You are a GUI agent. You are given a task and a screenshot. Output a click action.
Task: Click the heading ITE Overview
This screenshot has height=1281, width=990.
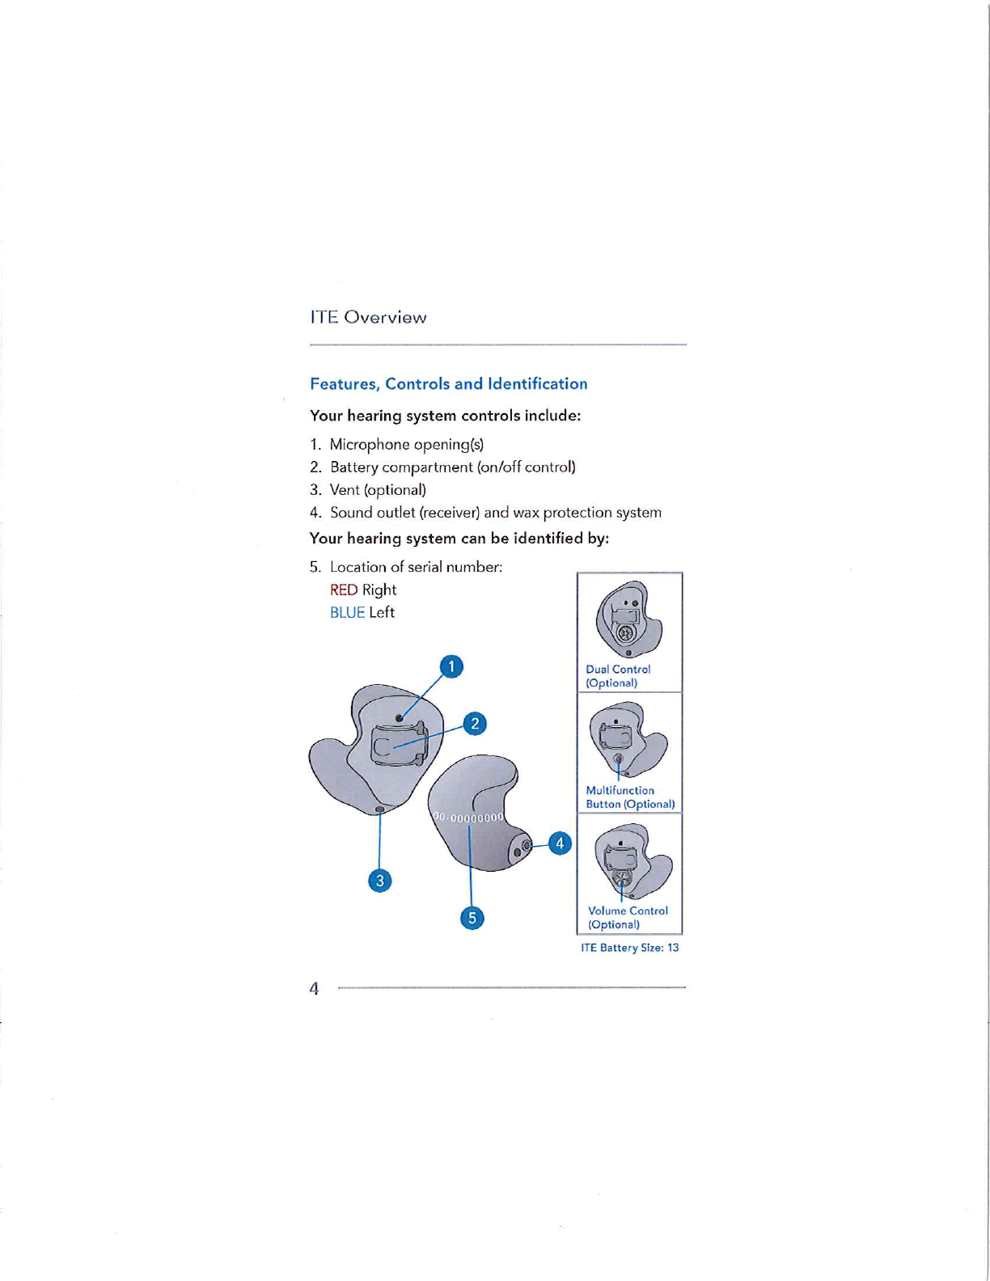tap(368, 317)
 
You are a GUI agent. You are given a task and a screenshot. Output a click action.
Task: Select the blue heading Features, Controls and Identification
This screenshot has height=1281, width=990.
tap(448, 383)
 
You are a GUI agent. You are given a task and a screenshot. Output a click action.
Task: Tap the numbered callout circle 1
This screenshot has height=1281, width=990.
tap(451, 666)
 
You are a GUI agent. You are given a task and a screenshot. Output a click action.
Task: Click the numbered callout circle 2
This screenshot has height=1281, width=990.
tap(475, 723)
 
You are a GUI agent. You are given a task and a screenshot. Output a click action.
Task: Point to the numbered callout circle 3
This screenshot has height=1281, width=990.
tap(379, 880)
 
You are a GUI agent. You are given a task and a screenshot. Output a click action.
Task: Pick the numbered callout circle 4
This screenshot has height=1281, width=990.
tap(560, 843)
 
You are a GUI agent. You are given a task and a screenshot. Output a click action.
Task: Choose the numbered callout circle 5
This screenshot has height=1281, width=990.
tap(472, 918)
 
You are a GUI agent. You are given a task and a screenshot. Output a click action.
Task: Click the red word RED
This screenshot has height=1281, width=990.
tap(343, 590)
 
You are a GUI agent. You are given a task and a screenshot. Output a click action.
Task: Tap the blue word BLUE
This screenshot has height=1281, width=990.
tap(347, 612)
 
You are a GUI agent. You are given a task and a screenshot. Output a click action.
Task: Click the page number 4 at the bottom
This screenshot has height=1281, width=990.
tap(314, 988)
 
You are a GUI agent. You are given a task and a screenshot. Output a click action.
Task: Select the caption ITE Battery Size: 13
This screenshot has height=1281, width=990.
tap(629, 947)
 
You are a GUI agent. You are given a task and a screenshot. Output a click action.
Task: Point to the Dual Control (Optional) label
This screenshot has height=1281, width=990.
tap(617, 676)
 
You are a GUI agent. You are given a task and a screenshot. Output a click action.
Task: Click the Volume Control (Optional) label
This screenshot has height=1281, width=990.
tap(627, 917)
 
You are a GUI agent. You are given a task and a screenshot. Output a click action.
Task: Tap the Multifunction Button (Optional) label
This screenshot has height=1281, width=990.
tap(629, 797)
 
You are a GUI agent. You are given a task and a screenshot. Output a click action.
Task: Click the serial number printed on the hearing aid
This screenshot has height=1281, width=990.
tap(470, 817)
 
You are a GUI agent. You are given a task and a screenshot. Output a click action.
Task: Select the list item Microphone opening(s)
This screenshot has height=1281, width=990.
tap(406, 444)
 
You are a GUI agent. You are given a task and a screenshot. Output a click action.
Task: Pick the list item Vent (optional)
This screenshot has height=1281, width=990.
tap(378, 489)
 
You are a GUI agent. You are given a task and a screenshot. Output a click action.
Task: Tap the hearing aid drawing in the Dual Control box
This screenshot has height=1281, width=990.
tap(628, 619)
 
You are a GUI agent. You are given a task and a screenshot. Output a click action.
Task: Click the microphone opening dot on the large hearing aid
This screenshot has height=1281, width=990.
tap(400, 718)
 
